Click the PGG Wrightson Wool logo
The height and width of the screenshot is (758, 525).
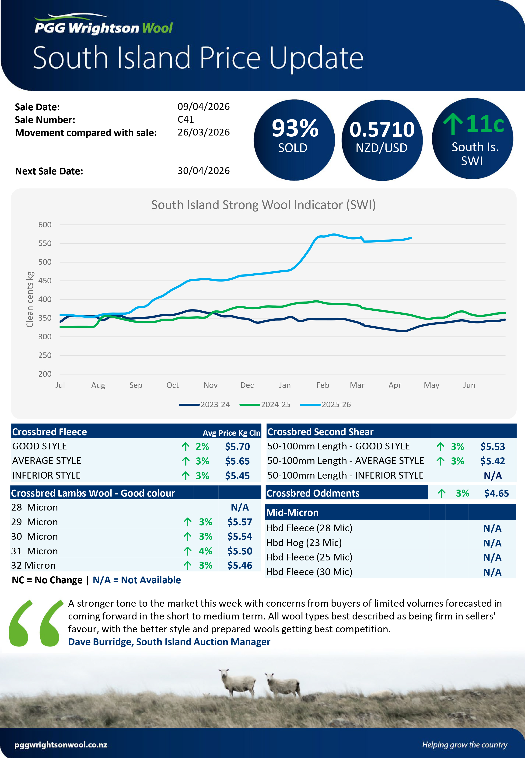point(103,25)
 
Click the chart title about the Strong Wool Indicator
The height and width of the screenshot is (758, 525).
point(263,205)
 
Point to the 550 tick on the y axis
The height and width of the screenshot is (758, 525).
point(45,243)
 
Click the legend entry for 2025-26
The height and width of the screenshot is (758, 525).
point(336,404)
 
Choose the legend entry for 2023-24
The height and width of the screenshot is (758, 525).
point(215,404)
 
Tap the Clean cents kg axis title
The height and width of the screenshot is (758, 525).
point(30,299)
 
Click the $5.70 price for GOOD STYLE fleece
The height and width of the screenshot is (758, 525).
point(237,446)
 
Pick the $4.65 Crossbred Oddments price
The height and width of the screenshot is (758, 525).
point(496,493)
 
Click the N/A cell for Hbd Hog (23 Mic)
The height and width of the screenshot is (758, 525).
point(492,543)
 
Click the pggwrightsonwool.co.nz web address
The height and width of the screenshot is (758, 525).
point(61,744)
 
